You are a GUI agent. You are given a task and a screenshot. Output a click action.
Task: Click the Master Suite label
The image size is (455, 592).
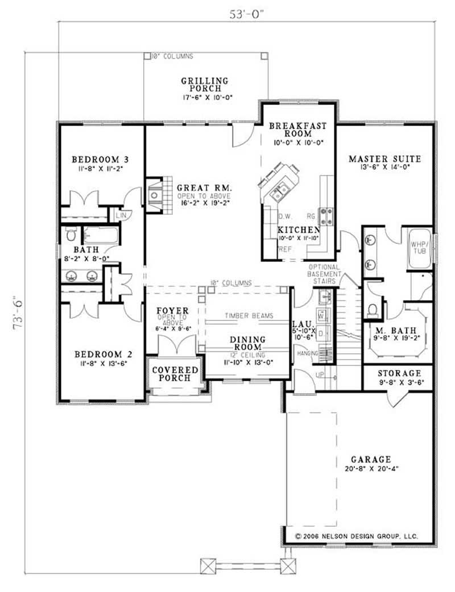[384, 159]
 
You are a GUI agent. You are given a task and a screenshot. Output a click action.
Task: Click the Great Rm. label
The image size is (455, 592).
[201, 187]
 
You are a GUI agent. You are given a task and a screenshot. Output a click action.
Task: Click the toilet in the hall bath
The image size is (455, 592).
[72, 234]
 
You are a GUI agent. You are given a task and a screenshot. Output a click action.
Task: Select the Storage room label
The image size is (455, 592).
[399, 373]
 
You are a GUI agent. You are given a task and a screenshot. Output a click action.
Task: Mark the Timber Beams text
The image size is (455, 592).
[249, 316]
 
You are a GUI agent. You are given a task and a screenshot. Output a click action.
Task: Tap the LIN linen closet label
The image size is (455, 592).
[121, 215]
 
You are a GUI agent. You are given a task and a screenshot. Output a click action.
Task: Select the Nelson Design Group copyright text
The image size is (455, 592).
[357, 536]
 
